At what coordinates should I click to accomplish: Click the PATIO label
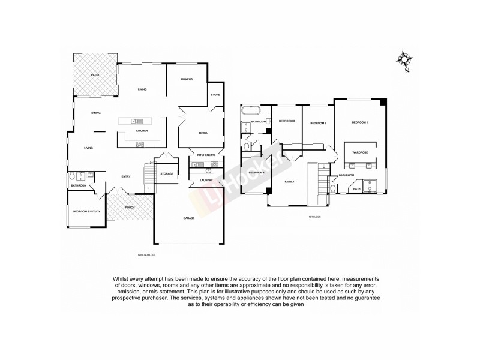(95, 74)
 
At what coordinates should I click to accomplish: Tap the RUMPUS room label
(187, 79)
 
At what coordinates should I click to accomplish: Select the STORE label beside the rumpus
(215, 94)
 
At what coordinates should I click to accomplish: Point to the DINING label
(96, 113)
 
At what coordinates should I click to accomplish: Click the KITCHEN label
(142, 130)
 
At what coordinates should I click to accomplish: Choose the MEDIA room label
(203, 133)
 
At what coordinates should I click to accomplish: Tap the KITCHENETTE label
(206, 155)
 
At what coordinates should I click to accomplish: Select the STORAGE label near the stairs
(167, 173)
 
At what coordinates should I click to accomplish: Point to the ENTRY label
(126, 176)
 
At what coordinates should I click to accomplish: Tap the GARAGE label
(188, 218)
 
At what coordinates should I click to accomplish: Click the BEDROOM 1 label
(359, 122)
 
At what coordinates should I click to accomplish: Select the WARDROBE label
(360, 152)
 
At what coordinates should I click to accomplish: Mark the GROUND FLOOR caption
(147, 255)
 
